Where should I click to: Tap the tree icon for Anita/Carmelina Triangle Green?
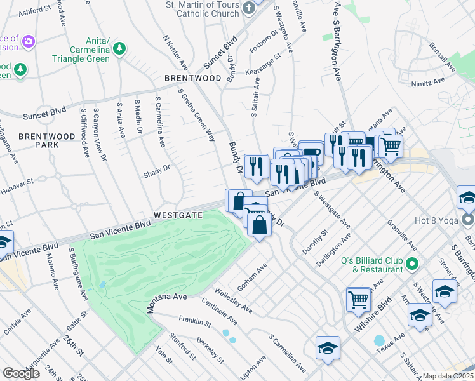click(x=118, y=48)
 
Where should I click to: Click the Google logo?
click(x=21, y=373)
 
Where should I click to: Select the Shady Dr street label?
click(x=157, y=169)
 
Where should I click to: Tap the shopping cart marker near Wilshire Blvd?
click(x=359, y=298)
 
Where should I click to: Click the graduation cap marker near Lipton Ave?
click(x=328, y=347)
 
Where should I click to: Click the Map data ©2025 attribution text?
click(x=448, y=376)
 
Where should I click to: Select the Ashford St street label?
click(x=34, y=11)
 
